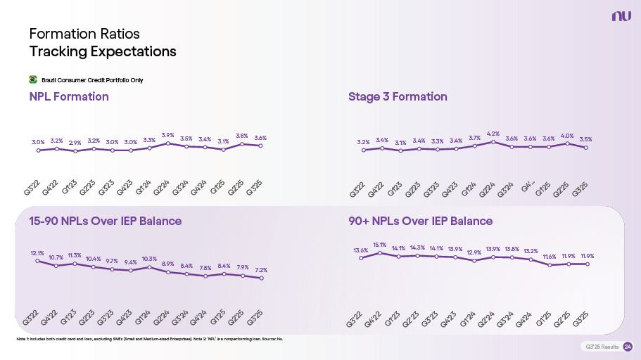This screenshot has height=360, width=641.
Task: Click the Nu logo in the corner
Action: (619, 16)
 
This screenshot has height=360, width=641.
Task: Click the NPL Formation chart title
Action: (69, 96)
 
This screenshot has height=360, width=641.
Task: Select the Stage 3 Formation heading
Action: (398, 96)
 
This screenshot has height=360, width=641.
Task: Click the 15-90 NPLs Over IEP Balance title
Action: (105, 221)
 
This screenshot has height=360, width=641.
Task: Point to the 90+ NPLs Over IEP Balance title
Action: (420, 221)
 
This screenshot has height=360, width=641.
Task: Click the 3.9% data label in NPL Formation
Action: (167, 135)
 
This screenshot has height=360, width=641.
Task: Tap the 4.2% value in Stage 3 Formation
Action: (493, 134)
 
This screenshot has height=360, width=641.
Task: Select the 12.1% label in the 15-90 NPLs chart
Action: (37, 253)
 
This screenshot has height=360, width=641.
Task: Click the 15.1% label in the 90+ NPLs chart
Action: (379, 245)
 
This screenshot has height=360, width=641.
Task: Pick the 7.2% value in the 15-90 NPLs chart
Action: (261, 270)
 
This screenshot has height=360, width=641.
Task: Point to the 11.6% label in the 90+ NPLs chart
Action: (550, 257)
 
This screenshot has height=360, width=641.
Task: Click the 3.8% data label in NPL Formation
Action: (241, 136)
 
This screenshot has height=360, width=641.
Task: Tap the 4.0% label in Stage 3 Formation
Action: (567, 136)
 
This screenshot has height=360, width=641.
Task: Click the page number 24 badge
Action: (628, 347)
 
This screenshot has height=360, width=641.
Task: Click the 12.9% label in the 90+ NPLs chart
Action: (474, 252)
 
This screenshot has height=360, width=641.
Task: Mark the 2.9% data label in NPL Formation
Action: (75, 143)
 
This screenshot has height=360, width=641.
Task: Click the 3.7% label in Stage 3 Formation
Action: (474, 138)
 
